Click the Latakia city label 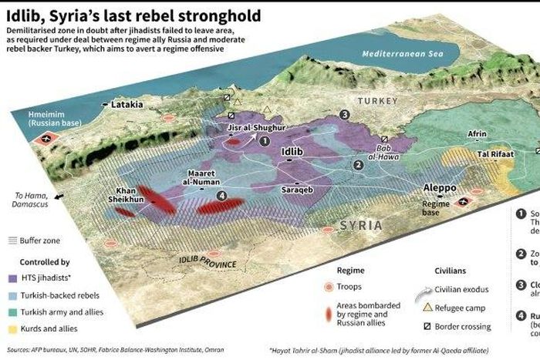(127, 103)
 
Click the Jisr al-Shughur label (257, 126)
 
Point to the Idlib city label (292, 151)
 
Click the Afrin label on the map (477, 133)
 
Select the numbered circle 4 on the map (222, 196)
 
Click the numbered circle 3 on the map (344, 114)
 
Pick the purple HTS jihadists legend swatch (13, 277)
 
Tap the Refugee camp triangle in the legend (430, 308)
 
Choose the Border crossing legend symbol (430, 325)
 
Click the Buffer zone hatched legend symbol (13, 241)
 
